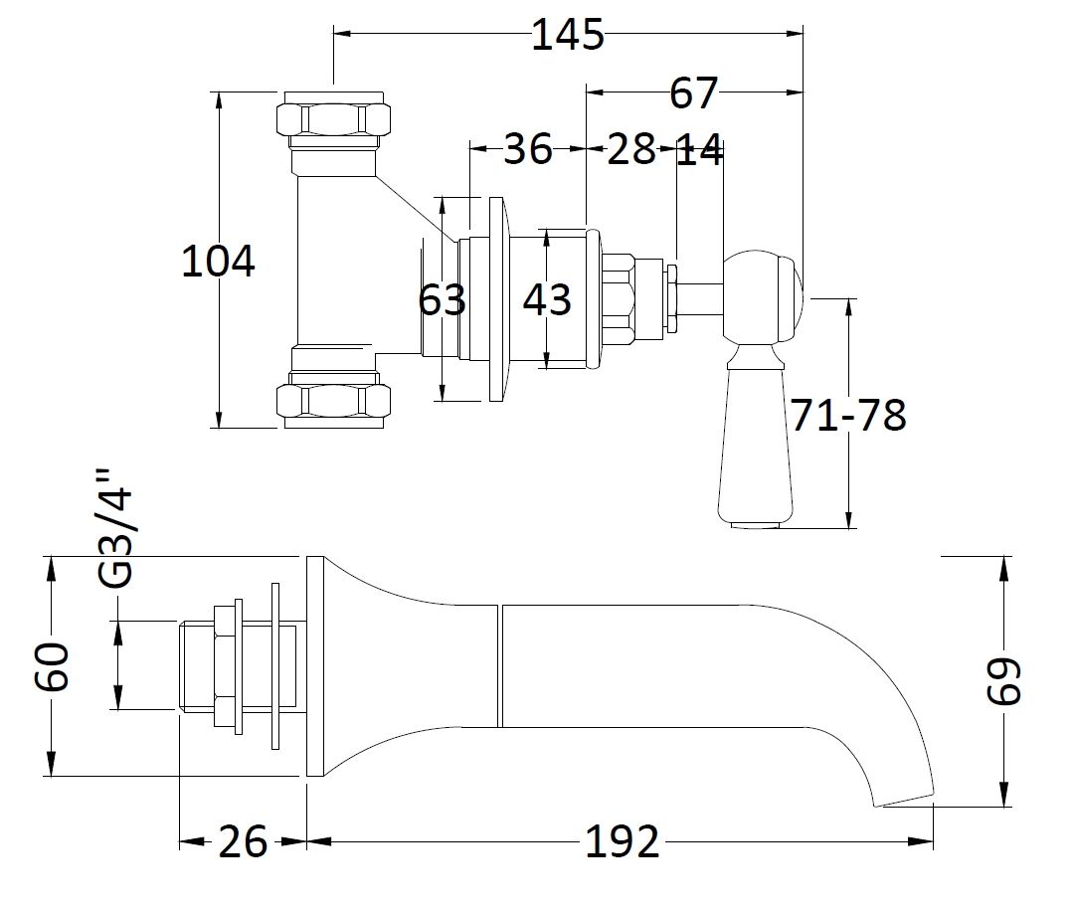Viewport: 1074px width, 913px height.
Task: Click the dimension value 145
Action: click(x=568, y=35)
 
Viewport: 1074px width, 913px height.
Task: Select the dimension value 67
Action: click(x=693, y=93)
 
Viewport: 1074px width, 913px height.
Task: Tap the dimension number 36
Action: click(x=527, y=149)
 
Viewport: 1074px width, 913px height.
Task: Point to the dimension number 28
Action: click(x=631, y=149)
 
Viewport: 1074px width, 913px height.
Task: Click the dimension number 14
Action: click(x=699, y=151)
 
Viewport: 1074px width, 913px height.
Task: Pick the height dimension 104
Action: click(x=218, y=262)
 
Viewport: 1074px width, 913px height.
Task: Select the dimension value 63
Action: click(x=442, y=298)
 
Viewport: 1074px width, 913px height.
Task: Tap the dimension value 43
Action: click(x=547, y=299)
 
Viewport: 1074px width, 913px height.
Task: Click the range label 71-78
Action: click(x=848, y=415)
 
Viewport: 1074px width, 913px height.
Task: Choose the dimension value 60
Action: click(x=52, y=666)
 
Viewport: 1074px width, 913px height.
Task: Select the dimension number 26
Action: click(x=243, y=842)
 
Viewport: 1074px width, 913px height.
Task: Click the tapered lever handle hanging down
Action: click(x=751, y=448)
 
